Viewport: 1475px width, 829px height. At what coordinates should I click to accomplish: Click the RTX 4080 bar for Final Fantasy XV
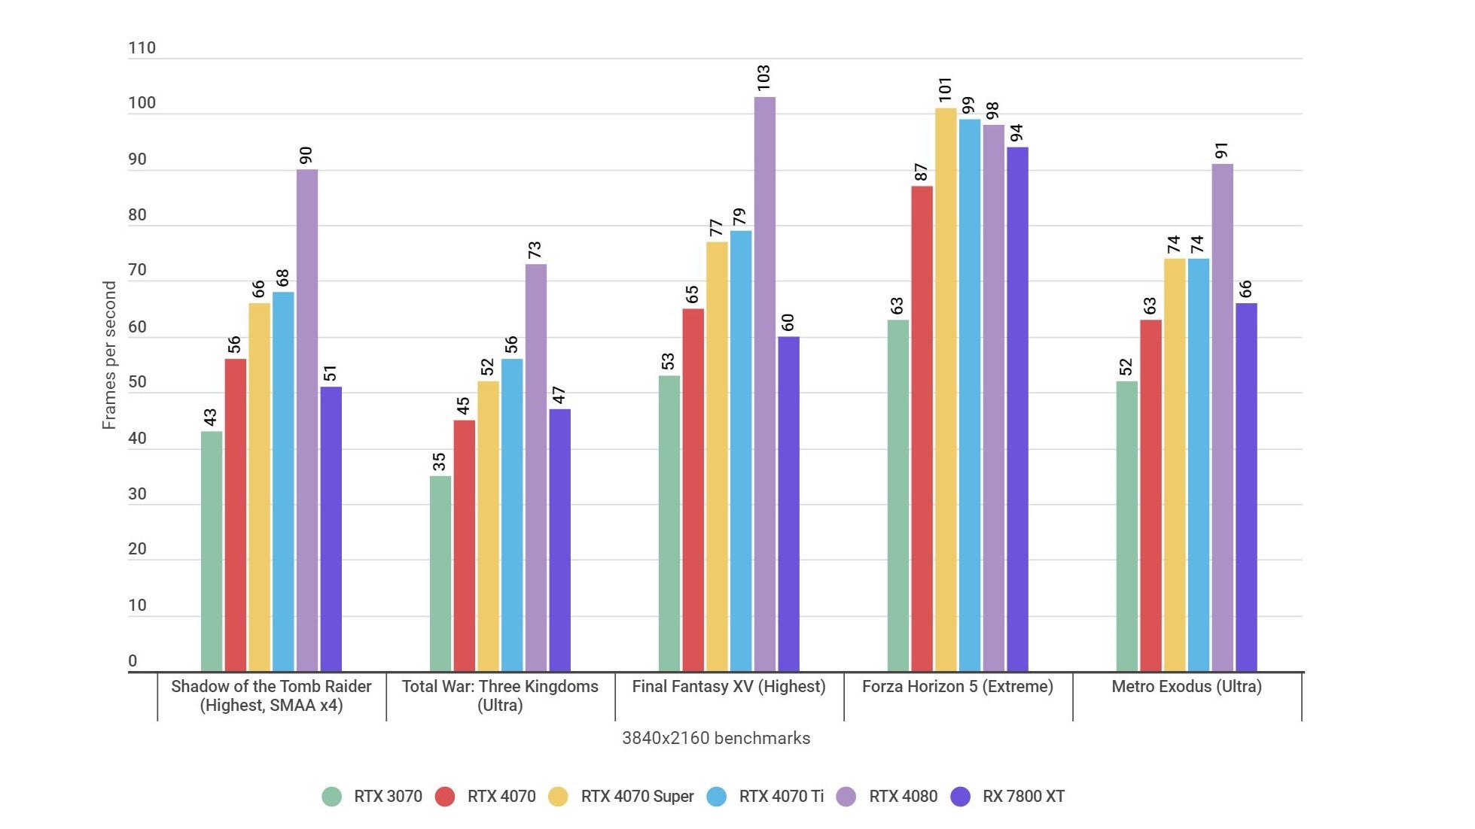(764, 384)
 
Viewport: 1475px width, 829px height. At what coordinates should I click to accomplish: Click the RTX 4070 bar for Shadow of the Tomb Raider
(235, 515)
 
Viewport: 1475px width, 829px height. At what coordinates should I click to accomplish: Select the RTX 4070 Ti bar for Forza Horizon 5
(969, 395)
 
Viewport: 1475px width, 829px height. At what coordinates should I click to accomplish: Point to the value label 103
(763, 78)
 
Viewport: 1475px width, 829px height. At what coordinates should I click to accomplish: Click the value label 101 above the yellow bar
(945, 90)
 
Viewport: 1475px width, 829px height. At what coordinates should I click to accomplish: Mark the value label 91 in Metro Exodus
(1221, 150)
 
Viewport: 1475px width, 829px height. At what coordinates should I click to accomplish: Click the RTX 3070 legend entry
(372, 797)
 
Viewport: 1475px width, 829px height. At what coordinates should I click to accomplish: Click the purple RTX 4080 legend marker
(846, 797)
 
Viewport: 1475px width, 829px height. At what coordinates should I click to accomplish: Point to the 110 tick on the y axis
(142, 48)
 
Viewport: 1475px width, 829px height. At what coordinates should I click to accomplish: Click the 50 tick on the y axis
(137, 382)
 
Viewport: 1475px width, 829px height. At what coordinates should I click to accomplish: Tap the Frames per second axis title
(109, 355)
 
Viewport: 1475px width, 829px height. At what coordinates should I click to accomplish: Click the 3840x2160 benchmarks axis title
(715, 738)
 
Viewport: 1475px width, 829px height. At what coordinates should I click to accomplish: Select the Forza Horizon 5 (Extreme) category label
(957, 686)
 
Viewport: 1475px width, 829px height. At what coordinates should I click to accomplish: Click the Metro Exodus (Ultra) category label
(1186, 686)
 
